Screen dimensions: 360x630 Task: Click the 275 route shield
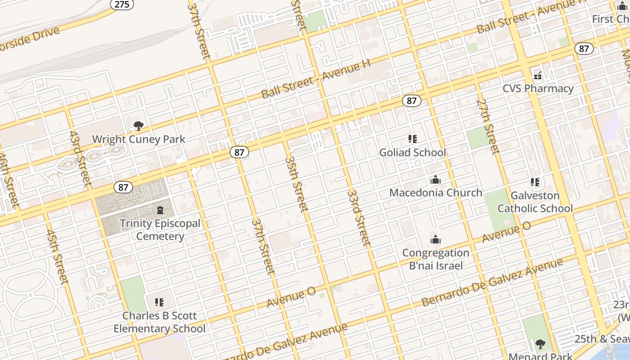pyautogui.click(x=121, y=4)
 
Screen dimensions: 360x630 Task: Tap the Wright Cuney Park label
pyautogui.click(x=139, y=139)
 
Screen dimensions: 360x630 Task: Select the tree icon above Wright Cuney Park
pyautogui.click(x=139, y=126)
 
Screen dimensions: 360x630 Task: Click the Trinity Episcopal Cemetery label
pyautogui.click(x=160, y=229)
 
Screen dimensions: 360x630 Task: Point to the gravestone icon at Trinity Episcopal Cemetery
pyautogui.click(x=160, y=210)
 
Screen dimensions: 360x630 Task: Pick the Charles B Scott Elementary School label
pyautogui.click(x=159, y=322)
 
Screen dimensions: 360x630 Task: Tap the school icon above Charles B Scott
pyautogui.click(x=159, y=302)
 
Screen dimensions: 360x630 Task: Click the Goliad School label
pyautogui.click(x=413, y=153)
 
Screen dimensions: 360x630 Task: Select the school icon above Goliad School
pyautogui.click(x=413, y=139)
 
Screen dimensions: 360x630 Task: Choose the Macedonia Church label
pyautogui.click(x=436, y=193)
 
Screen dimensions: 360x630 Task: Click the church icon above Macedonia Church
pyautogui.click(x=435, y=180)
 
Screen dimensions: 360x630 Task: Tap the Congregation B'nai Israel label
pyautogui.click(x=436, y=259)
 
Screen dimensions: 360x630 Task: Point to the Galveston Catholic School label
pyautogui.click(x=535, y=202)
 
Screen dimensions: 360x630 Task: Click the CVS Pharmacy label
pyautogui.click(x=538, y=88)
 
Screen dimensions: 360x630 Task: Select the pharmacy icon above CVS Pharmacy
pyautogui.click(x=538, y=75)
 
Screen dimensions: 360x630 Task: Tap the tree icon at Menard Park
pyautogui.click(x=540, y=344)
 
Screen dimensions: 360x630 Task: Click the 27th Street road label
pyautogui.click(x=488, y=126)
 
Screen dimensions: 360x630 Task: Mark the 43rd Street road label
pyautogui.click(x=81, y=159)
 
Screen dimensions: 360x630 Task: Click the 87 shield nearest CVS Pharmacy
pyautogui.click(x=584, y=49)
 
